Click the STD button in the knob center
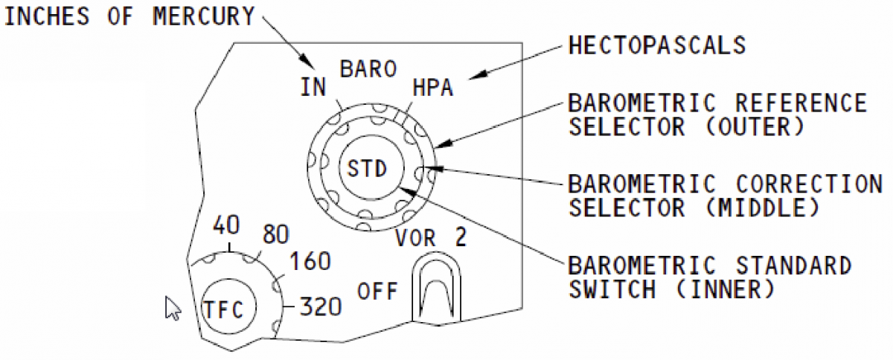point(368,169)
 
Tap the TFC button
point(228,307)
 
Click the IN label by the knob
point(314,88)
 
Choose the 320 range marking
point(321,306)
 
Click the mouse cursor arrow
point(172,307)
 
